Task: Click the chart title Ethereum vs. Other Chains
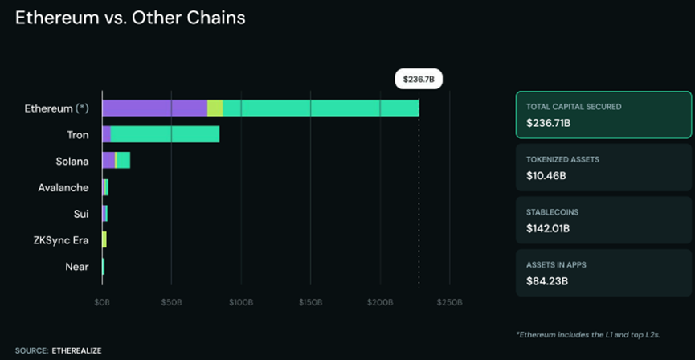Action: [x=131, y=17]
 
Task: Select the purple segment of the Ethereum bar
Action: [x=154, y=108]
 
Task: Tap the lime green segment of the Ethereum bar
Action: [x=215, y=108]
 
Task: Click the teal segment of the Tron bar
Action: [x=165, y=134]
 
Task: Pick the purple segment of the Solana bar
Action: [x=108, y=160]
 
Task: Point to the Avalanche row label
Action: [x=63, y=187]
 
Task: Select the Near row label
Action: [x=77, y=266]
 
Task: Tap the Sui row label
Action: [x=81, y=214]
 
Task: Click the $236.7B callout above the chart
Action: [x=419, y=80]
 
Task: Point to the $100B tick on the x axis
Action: [x=241, y=302]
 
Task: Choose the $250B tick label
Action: [x=449, y=302]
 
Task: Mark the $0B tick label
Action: [x=102, y=302]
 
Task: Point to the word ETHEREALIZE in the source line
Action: [x=76, y=350]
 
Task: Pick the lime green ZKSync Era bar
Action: [x=104, y=239]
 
